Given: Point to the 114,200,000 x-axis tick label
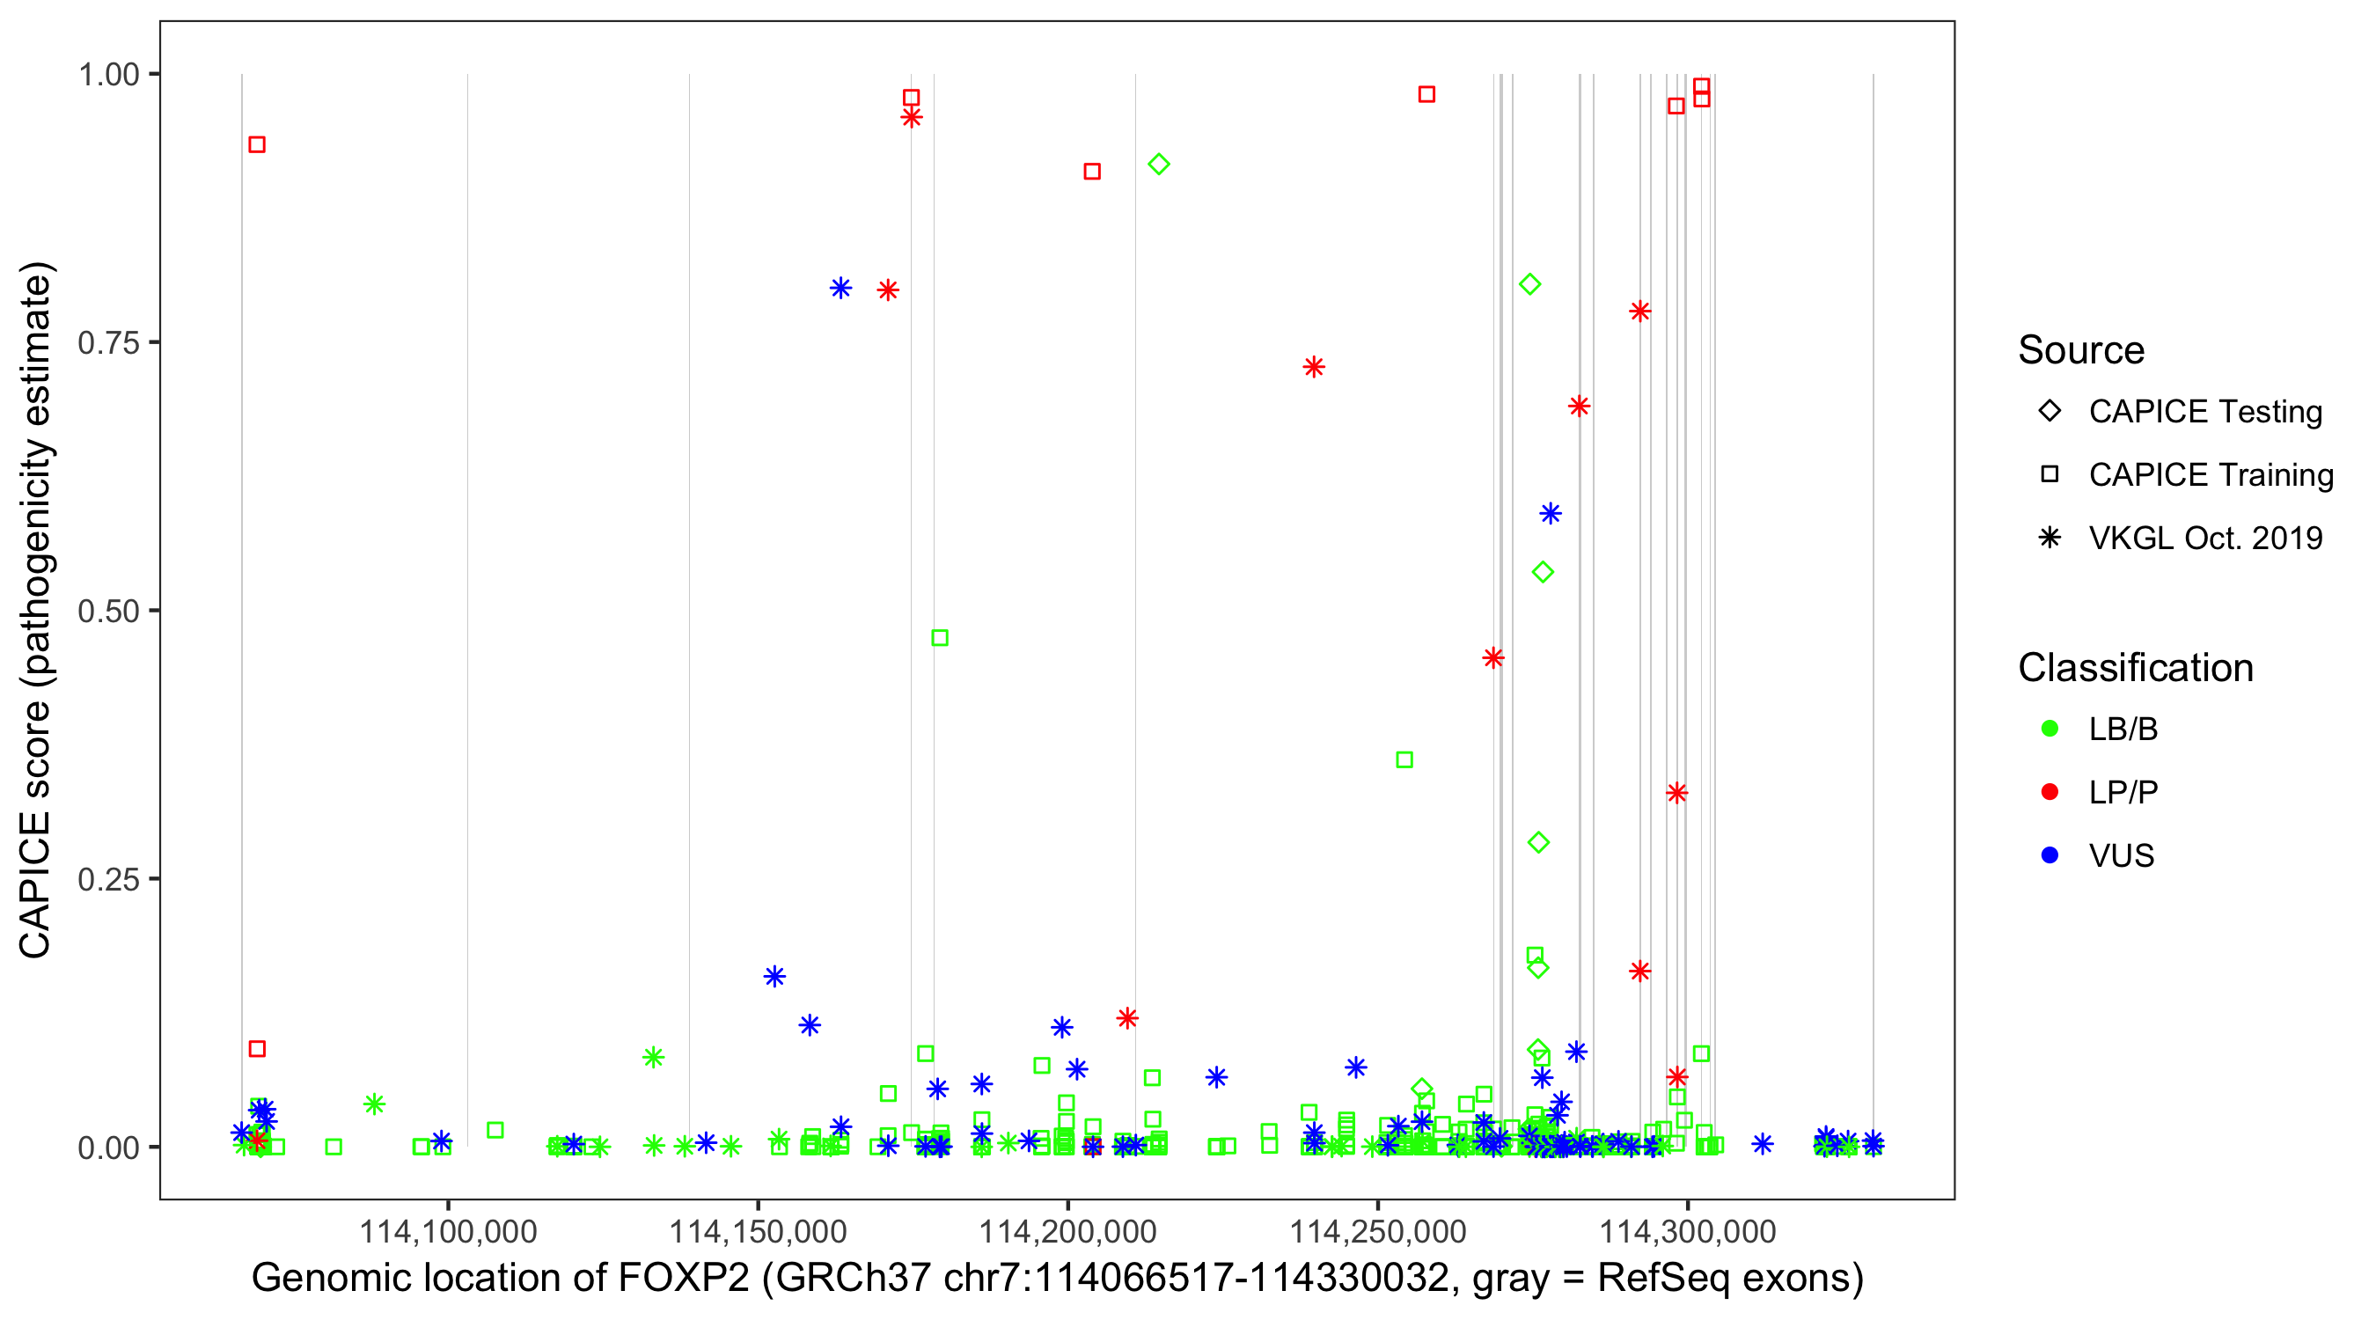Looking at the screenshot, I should pos(1067,1230).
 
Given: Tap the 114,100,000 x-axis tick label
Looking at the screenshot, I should pos(447,1230).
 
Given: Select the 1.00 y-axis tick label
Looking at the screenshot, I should pos(107,75).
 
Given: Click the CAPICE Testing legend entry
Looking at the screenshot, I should pos(2204,412).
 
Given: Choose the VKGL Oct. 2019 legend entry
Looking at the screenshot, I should pos(2204,538).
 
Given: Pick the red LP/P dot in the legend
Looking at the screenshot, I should pos(2050,792).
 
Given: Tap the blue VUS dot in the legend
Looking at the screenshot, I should pos(2050,855).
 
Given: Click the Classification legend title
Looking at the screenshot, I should pos(2134,668).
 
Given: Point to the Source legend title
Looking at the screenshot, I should pos(2081,350).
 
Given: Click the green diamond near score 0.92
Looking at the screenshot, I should pos(1158,165).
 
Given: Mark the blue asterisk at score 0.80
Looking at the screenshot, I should pos(840,288).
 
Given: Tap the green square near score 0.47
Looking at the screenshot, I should pos(940,637).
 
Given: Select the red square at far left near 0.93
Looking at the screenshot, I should pos(257,145).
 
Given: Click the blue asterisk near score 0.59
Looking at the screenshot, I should pos(1551,514).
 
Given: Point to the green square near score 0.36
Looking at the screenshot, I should pos(1404,760).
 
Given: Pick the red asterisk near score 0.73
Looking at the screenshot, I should pos(1315,367).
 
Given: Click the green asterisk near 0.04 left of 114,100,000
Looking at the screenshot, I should pos(373,1104).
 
